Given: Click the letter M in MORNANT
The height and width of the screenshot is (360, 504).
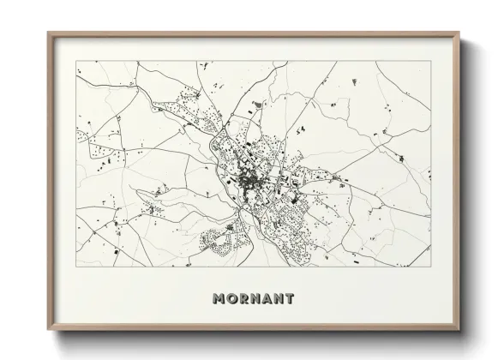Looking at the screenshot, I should click(217, 299).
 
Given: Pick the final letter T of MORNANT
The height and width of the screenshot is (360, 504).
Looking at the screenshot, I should click(289, 299).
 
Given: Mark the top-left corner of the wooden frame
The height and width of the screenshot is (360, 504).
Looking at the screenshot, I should click(48, 33).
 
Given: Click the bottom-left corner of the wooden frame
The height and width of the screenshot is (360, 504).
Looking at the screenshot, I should click(48, 332).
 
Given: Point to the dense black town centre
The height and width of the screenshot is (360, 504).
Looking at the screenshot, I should click(249, 181).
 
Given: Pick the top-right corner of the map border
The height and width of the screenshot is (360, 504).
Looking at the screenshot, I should click(431, 61).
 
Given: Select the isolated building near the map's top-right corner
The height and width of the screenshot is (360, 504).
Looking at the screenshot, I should click(355, 81).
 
